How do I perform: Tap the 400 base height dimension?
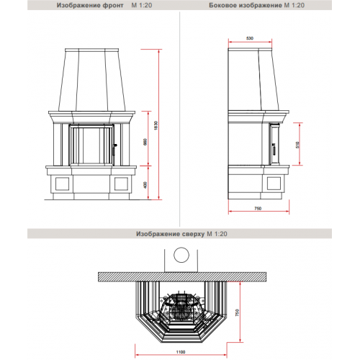click(145, 185)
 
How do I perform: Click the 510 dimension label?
click(297, 145)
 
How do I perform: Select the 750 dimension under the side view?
click(257, 208)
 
